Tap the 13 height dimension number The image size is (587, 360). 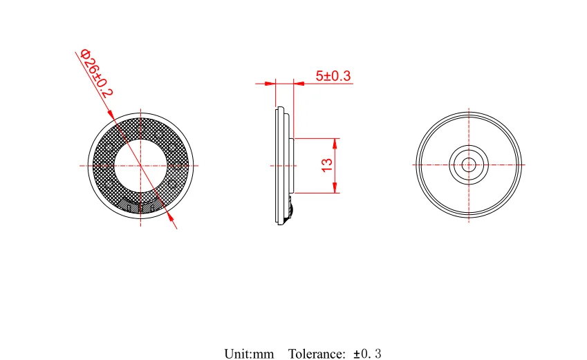pyautogui.click(x=327, y=165)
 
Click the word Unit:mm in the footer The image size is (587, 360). pyautogui.click(x=249, y=354)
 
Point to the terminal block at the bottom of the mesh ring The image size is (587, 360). pyautogui.click(x=140, y=205)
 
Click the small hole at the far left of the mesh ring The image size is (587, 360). pyautogui.click(x=102, y=165)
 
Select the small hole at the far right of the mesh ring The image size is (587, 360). pyautogui.click(x=179, y=165)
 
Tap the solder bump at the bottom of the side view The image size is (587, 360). pyautogui.click(x=290, y=207)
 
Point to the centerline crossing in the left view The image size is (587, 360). pyautogui.click(x=140, y=166)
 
